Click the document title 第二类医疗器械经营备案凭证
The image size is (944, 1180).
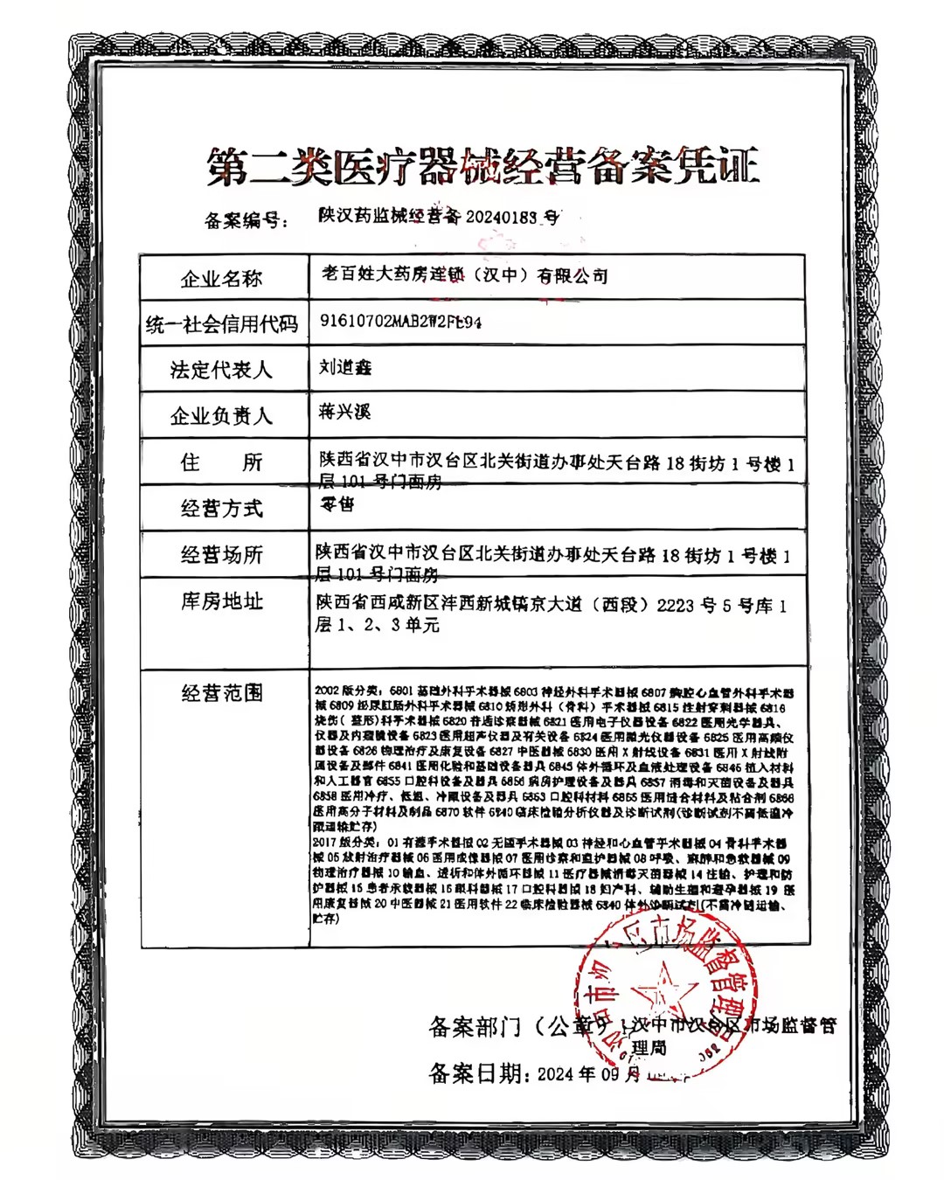[482, 166]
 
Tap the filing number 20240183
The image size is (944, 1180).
[501, 217]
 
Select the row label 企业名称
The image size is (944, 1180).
[221, 279]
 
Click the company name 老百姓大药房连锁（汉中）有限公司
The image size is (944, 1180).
[464, 275]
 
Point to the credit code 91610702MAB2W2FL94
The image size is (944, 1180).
[400, 322]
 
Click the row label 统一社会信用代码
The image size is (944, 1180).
[222, 325]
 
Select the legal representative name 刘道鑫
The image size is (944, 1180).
[344, 367]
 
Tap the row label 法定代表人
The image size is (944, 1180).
[221, 371]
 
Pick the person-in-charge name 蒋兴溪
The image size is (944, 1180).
[344, 411]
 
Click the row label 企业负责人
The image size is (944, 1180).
[221, 416]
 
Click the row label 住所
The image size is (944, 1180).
[221, 462]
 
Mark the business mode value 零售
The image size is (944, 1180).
[337, 503]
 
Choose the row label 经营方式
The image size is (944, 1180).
[221, 509]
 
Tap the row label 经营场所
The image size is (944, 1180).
[221, 555]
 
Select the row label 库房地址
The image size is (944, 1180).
[221, 601]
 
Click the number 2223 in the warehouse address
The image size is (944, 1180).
[676, 605]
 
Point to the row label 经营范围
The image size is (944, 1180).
[221, 693]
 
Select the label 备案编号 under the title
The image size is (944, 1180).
[244, 219]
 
